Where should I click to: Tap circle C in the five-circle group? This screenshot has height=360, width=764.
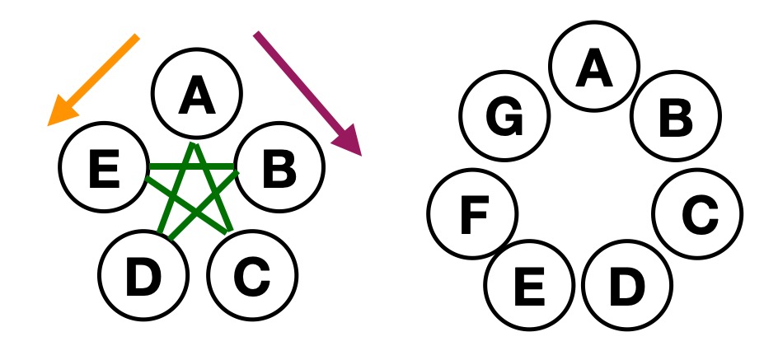(251, 274)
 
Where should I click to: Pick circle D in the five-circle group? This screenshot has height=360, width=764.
(143, 275)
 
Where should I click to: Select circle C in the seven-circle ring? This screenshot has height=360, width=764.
(697, 215)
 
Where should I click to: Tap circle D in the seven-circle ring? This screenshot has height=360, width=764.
(626, 286)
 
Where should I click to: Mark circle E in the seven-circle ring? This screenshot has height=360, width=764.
(528, 285)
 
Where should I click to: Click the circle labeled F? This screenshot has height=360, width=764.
(474, 217)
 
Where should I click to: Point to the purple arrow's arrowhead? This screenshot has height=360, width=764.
(350, 140)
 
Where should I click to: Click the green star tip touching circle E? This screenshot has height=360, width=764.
(148, 171)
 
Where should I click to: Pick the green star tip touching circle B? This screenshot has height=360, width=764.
(237, 171)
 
